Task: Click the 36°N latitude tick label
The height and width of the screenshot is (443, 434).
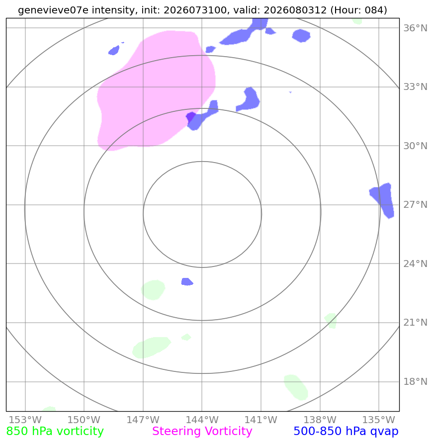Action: click(x=415, y=28)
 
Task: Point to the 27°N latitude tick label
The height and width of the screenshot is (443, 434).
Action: click(x=415, y=204)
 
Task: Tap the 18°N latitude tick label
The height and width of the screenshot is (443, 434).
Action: click(x=415, y=381)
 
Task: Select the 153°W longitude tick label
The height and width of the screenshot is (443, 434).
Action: click(x=25, y=420)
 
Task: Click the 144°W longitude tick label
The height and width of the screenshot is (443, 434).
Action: click(x=202, y=420)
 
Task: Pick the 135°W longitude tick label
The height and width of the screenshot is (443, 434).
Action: click(x=379, y=420)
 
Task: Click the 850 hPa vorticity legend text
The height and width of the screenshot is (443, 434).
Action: click(x=55, y=431)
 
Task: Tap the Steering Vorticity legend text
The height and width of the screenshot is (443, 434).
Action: click(x=202, y=431)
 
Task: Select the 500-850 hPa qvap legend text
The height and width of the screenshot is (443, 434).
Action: click(x=346, y=431)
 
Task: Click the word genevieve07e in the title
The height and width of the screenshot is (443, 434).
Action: click(x=53, y=10)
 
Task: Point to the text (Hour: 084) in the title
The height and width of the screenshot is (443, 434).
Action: click(x=358, y=10)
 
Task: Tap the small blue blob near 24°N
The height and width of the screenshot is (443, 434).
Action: click(x=187, y=282)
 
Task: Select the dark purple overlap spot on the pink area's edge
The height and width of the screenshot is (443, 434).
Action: click(x=191, y=116)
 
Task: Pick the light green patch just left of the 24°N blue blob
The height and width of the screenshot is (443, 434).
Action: click(x=153, y=290)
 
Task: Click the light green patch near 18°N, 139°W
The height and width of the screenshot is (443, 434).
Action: click(x=296, y=387)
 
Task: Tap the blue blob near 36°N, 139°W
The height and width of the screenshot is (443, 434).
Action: click(x=301, y=36)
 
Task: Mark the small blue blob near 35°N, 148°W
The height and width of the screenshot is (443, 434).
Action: click(x=114, y=51)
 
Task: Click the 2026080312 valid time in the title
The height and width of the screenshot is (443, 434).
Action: click(x=295, y=10)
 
